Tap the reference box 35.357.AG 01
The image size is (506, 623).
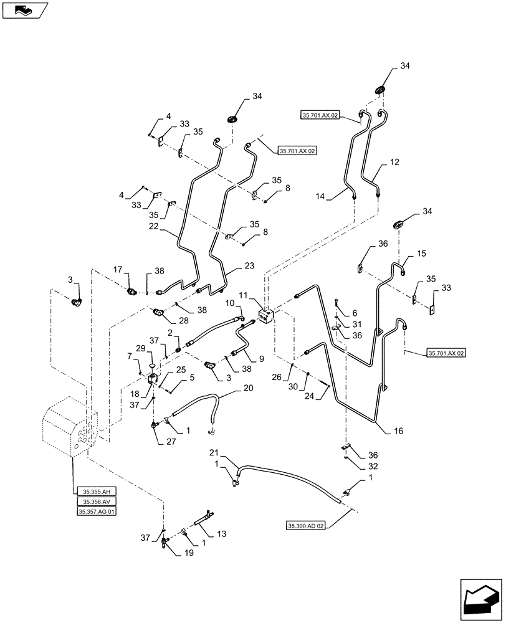click(97, 511)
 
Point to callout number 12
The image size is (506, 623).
click(395, 163)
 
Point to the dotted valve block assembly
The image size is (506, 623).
click(70, 430)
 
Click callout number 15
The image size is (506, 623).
click(421, 254)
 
